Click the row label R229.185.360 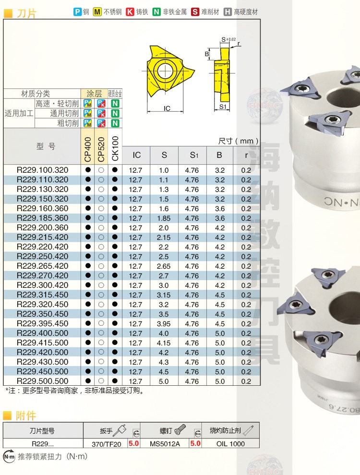pos(42,218)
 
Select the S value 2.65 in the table pos(164,266)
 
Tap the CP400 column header pos(87,149)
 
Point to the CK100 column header pos(115,148)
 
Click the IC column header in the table pos(137,155)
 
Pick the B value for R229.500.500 pos(220,381)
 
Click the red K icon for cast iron pos(130,12)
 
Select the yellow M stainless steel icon pos(97,12)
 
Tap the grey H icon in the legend pos(228,12)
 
